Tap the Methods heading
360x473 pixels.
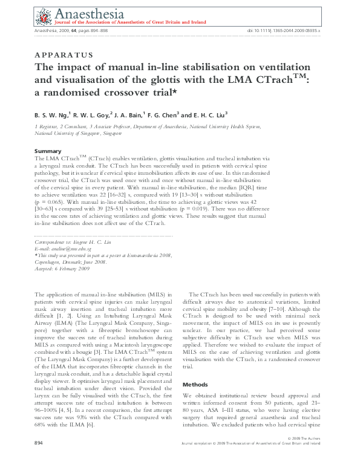(x=196, y=384)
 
